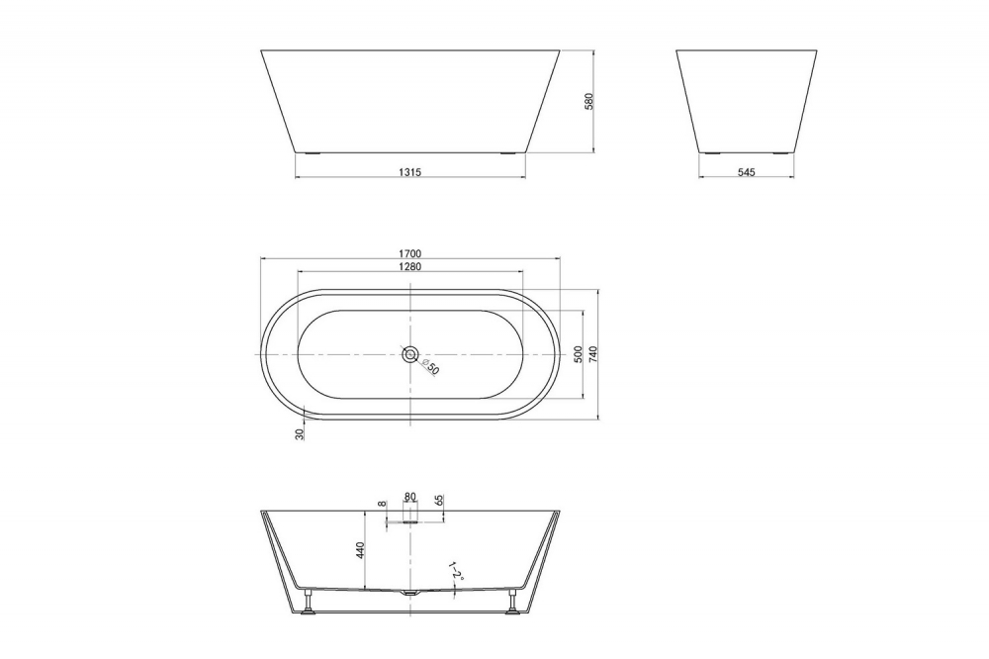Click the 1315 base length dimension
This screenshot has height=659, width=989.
tap(410, 172)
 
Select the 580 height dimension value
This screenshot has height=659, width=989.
tap(588, 101)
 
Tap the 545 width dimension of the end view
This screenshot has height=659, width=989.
tap(746, 172)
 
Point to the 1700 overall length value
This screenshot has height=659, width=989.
tap(410, 254)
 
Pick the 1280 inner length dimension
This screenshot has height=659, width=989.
tap(410, 267)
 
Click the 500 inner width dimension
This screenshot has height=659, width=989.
tap(578, 354)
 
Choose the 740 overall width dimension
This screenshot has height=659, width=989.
tap(592, 354)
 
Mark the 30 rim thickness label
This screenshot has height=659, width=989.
tap(300, 432)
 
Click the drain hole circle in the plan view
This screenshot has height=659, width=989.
tap(410, 354)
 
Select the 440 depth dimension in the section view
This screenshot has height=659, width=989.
tap(362, 549)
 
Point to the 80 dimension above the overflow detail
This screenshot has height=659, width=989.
tap(410, 498)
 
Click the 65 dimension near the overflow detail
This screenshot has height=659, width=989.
tap(439, 501)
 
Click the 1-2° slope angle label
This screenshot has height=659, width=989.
tap(453, 571)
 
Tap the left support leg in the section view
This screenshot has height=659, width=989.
tap(310, 603)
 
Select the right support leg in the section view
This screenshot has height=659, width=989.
tap(512, 603)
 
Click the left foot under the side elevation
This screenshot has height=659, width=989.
tap(313, 153)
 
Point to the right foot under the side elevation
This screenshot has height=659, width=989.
tap(508, 153)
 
